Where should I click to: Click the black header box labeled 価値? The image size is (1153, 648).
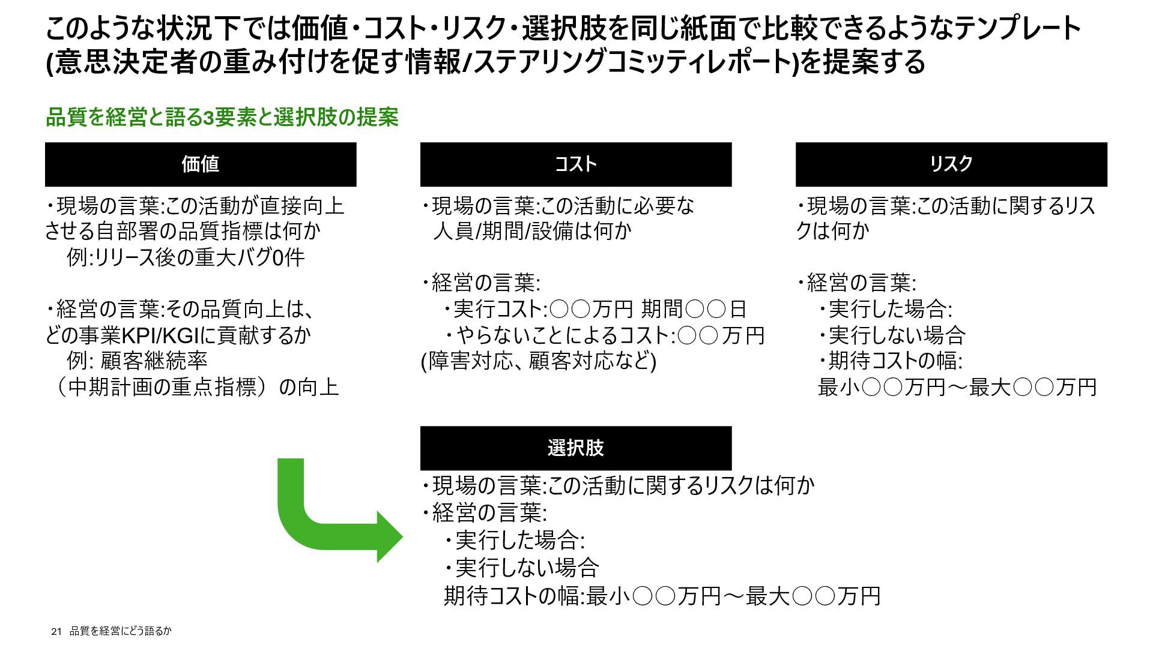point(201,164)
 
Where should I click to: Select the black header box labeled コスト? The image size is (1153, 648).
point(575,164)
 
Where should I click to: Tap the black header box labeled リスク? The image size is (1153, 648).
point(951,164)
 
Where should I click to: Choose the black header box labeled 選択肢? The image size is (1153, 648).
point(575,448)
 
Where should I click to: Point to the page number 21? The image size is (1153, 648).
point(57,631)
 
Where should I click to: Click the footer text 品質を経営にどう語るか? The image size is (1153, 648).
point(121,631)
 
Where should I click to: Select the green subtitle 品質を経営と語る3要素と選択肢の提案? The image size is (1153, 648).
point(222,118)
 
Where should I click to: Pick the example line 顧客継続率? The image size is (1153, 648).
point(154,361)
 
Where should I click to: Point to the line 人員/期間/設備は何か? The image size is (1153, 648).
point(532,231)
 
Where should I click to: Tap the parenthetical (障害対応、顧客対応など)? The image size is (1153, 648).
point(539,361)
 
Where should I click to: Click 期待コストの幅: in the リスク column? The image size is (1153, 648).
point(895,361)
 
